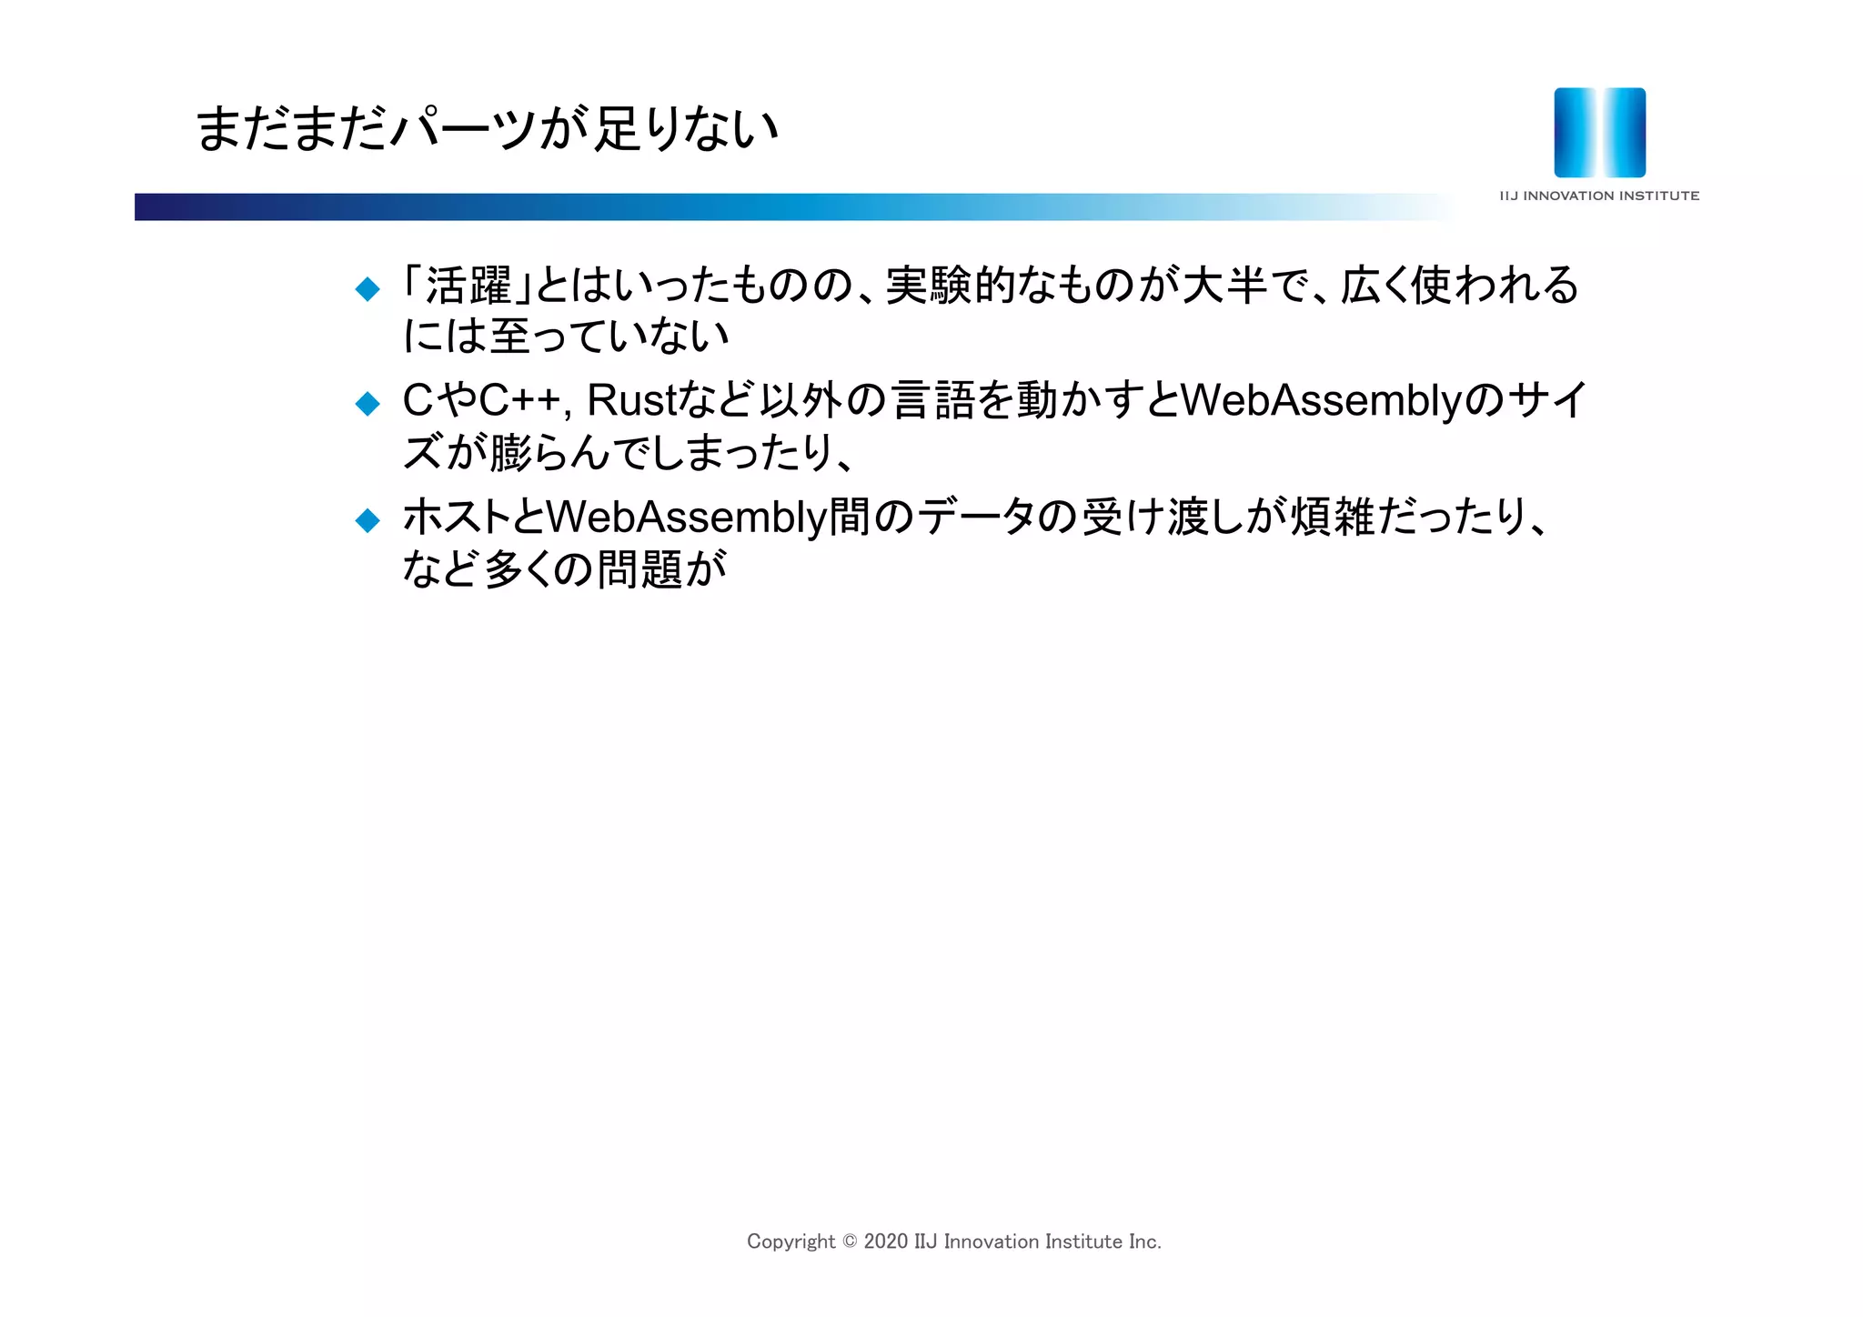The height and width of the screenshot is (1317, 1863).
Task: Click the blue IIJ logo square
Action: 1599,132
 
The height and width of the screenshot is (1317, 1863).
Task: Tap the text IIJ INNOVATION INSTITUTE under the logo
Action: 1599,196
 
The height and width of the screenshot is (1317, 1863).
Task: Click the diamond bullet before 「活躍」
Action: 368,289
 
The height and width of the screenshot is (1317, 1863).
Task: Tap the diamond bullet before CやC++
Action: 368,403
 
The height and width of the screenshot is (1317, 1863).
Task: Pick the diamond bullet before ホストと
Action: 368,520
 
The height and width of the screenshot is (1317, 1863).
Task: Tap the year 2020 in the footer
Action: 886,1242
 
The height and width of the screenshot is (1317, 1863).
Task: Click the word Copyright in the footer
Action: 791,1242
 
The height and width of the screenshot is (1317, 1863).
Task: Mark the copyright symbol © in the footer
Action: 850,1242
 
